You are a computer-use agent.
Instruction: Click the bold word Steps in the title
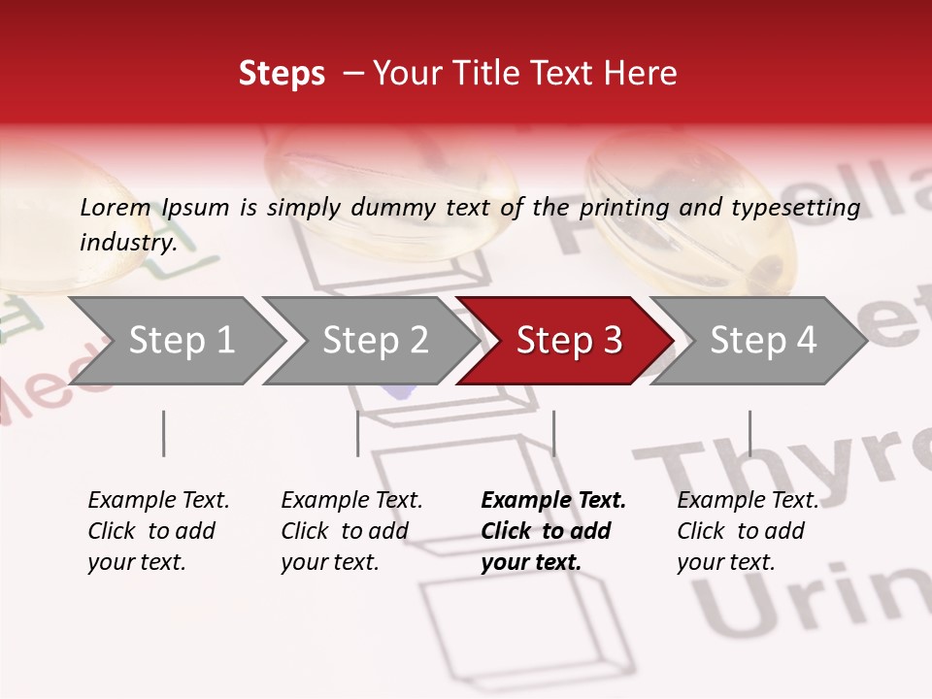click(282, 73)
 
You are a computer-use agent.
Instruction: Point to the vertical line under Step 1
click(163, 433)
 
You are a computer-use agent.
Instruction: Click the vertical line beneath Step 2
click(357, 433)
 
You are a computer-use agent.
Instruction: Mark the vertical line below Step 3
click(553, 433)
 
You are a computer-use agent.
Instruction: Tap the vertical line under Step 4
click(749, 433)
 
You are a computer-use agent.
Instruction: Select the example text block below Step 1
click(158, 531)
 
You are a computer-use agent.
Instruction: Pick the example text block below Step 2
click(351, 531)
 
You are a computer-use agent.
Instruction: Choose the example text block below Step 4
click(748, 531)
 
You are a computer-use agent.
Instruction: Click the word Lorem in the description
click(115, 207)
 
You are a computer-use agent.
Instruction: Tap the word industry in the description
click(127, 242)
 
